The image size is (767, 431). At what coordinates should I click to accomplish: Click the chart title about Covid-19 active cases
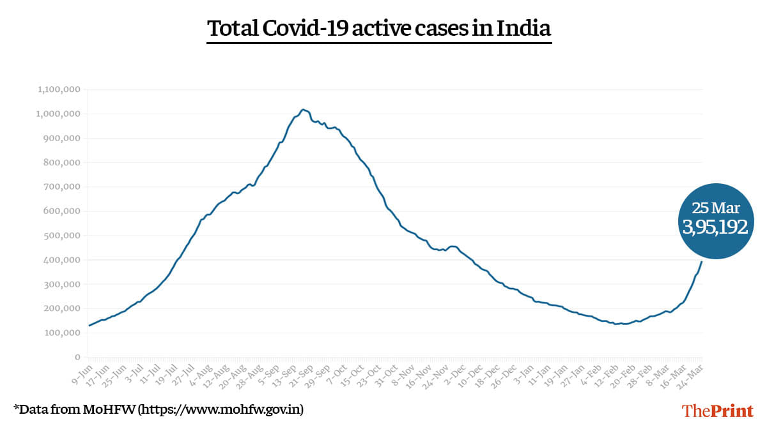[379, 29]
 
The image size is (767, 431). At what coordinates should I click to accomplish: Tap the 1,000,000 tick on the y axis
[59, 114]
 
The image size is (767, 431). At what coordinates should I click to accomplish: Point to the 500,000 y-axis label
[61, 236]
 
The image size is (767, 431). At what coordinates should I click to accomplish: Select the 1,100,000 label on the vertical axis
[59, 89]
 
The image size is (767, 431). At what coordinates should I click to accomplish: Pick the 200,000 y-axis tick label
[61, 308]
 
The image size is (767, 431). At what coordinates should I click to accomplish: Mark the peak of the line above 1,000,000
[303, 110]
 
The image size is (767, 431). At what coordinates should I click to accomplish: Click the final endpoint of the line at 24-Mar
[702, 262]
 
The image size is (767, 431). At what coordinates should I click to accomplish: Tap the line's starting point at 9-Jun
[89, 326]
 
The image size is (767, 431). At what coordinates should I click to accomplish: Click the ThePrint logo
[717, 411]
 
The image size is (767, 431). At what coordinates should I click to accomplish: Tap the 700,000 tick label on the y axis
[61, 187]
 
